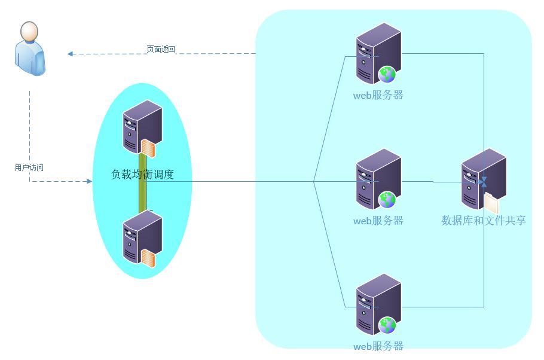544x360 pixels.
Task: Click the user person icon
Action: [30, 48]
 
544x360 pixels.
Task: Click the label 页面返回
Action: [161, 49]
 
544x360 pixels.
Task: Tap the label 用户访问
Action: [29, 168]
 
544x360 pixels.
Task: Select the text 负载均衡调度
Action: [142, 175]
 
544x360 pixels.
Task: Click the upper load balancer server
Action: [142, 126]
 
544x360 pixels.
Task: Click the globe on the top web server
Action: [387, 74]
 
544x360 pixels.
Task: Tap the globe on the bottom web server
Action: [387, 325]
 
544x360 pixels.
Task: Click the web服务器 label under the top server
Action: [378, 95]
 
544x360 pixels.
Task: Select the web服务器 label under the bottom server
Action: [378, 346]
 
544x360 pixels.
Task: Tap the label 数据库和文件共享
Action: [484, 221]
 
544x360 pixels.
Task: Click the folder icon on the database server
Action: [491, 203]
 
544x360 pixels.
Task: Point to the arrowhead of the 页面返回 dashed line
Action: [71, 54]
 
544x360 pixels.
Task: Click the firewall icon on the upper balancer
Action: [148, 147]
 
